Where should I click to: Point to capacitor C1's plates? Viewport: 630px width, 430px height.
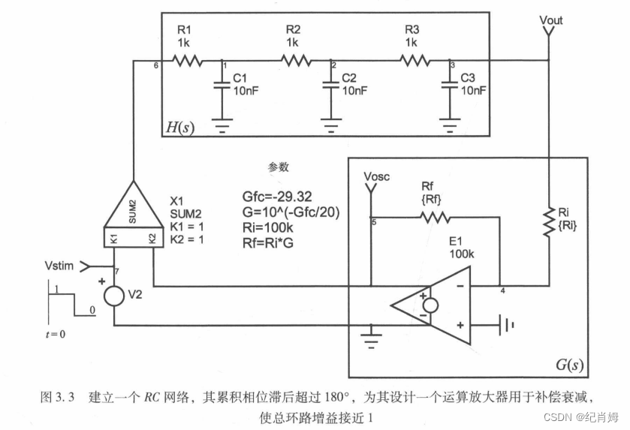[220, 84]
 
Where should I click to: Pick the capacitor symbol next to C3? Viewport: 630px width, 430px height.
[448, 84]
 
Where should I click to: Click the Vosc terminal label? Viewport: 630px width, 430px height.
[377, 176]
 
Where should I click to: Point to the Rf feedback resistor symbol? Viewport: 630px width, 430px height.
[435, 218]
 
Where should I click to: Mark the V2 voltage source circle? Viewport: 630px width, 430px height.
[114, 294]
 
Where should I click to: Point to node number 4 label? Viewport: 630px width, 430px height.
[502, 290]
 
